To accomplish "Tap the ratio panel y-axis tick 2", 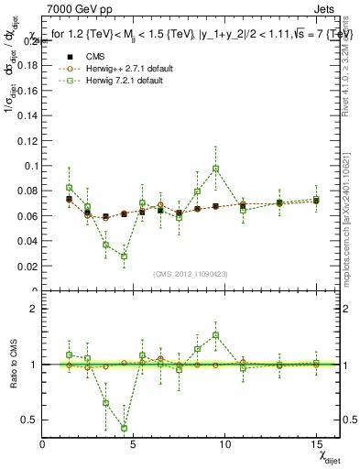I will coord(34,309).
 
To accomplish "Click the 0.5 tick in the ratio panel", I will coord(29,420).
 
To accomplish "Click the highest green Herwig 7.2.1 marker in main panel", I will coord(215,169).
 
